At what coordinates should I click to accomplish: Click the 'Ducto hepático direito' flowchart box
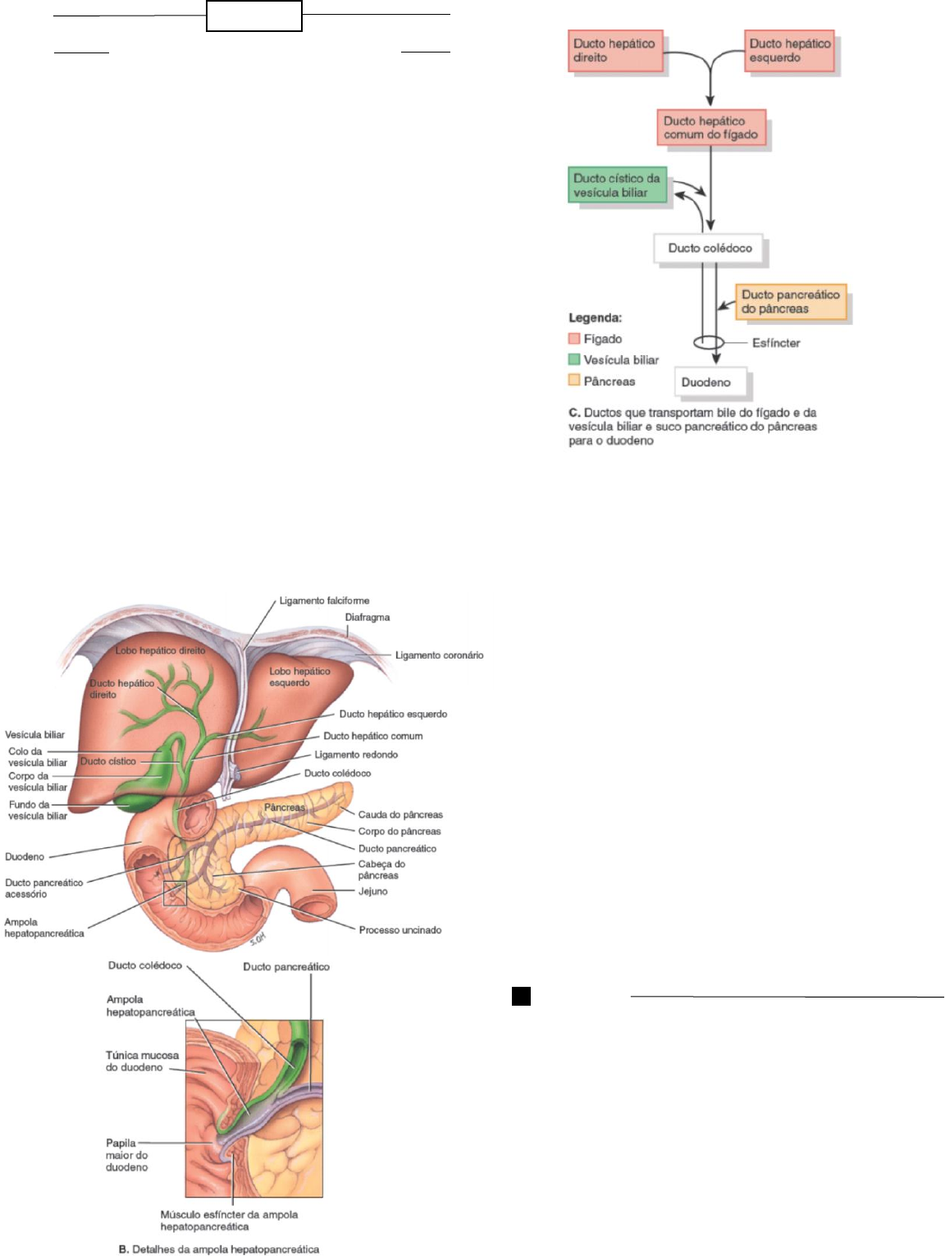pos(615,51)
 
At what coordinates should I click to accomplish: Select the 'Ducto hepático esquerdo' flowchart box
pos(790,51)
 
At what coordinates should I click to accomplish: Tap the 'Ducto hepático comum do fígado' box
pos(711,128)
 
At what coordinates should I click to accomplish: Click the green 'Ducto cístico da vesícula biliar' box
pos(618,185)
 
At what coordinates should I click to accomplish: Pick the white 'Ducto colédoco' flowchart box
pos(710,248)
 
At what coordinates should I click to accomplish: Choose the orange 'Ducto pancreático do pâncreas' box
pos(791,302)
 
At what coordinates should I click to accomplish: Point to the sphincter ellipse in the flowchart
pos(709,342)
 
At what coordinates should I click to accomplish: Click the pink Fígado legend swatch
pos(574,339)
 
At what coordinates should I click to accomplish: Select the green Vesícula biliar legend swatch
pos(574,359)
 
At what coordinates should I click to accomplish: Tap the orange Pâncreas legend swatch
pos(574,381)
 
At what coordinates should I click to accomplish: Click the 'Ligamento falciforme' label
pos(324,600)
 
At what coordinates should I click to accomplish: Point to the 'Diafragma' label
pos(367,617)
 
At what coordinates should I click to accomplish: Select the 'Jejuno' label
pos(372,891)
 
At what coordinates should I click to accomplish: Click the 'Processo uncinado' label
pos(399,929)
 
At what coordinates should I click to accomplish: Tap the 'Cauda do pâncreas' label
pos(400,815)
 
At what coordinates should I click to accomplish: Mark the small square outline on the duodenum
pos(175,893)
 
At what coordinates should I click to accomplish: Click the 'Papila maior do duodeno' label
pos(126,1155)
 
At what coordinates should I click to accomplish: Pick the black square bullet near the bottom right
pos(521,996)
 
